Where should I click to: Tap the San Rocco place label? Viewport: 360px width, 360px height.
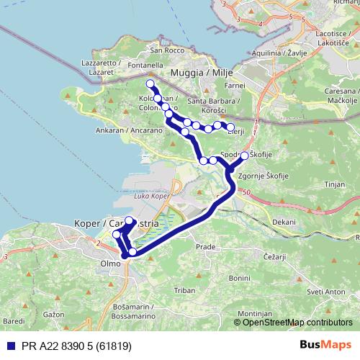(163, 50)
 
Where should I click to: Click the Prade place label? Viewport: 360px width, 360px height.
(206, 246)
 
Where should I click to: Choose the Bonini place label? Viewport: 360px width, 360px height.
(238, 278)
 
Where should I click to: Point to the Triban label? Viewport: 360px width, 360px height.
(185, 289)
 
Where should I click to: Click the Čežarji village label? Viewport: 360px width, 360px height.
(274, 257)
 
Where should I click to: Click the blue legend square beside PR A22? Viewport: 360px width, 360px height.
(9, 346)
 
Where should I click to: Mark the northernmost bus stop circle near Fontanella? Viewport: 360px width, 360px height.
(150, 84)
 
